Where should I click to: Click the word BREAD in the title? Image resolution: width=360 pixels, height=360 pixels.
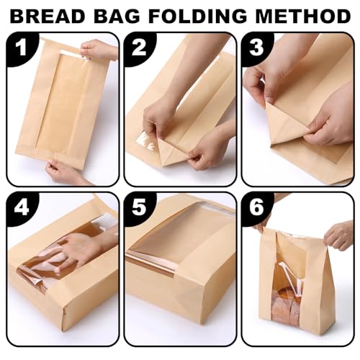pos(48,16)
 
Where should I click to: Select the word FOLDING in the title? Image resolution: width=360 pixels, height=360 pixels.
pos(197,16)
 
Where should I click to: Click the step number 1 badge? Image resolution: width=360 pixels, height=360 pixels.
pos(22,48)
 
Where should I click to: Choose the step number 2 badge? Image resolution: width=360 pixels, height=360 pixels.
pos(139,48)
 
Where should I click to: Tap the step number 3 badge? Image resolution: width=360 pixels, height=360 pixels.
pos(256,48)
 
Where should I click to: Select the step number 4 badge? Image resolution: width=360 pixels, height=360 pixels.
pos(22,208)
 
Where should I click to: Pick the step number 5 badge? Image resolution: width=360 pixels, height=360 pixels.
pos(139,208)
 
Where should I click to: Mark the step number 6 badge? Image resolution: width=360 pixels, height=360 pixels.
pos(256,208)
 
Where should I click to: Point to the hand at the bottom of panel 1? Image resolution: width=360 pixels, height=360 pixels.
pos(65,171)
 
